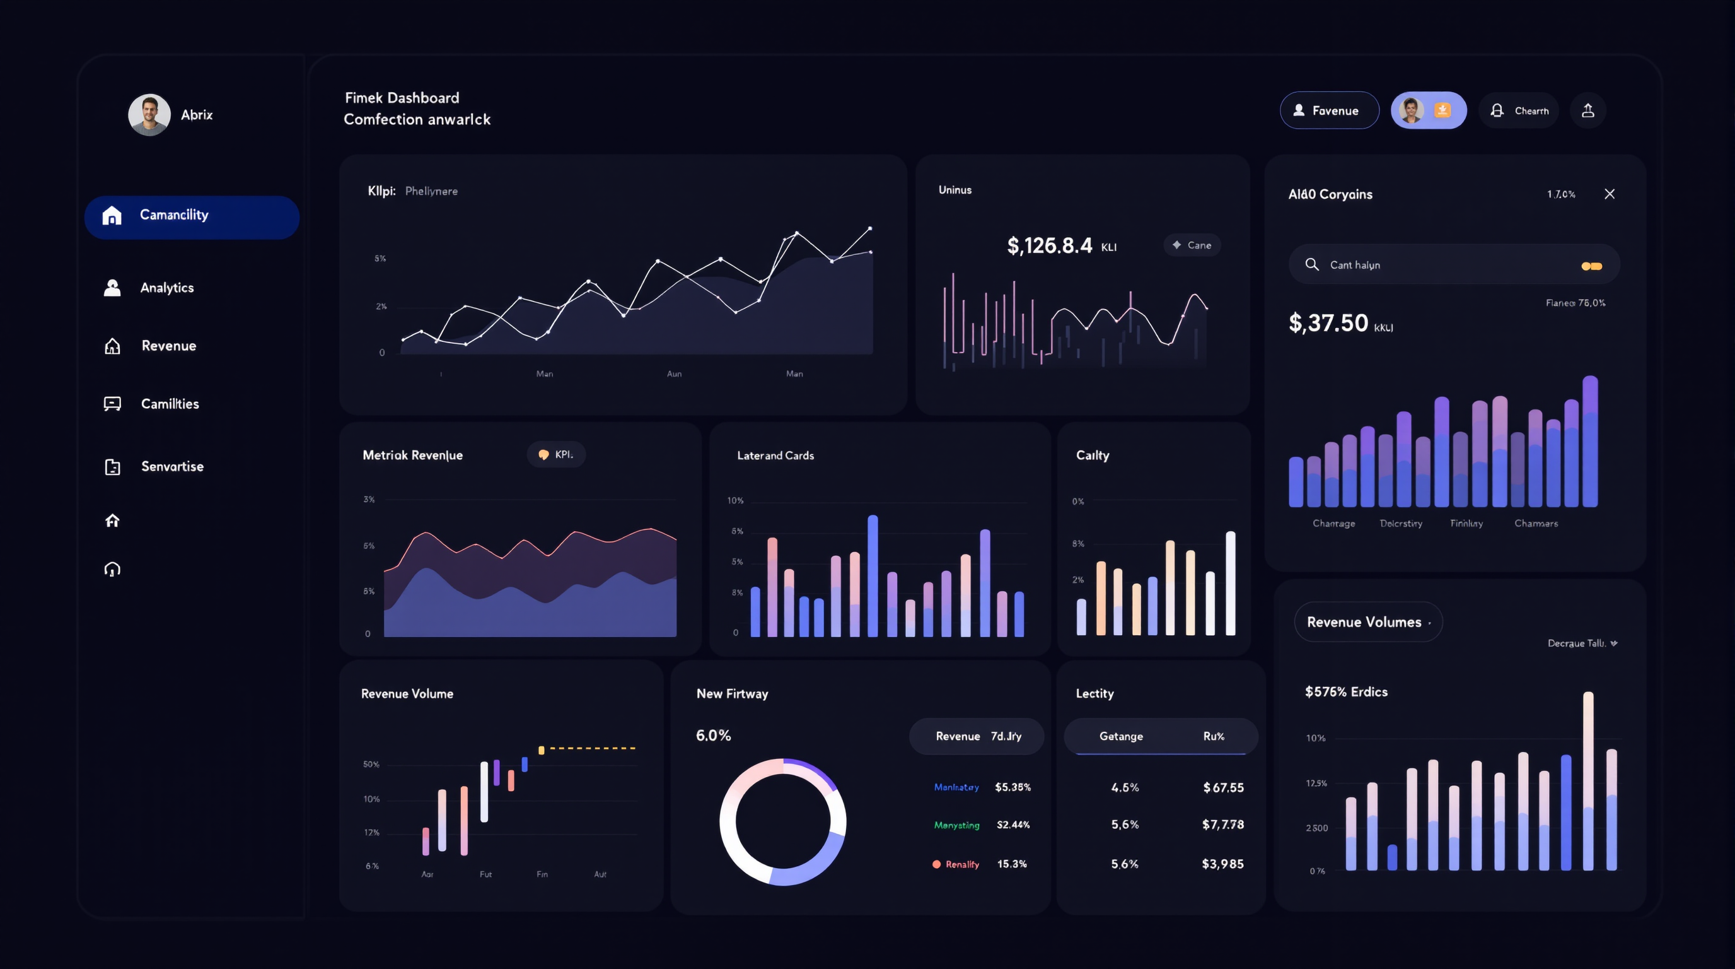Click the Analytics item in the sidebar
166,288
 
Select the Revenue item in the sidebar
168,346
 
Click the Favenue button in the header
1329,110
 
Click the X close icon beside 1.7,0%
1609,194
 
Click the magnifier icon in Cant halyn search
1311,264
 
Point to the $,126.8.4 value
1049,246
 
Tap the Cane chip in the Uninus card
1192,245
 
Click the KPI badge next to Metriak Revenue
555,455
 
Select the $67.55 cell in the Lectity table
1223,788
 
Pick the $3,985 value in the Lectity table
1222,864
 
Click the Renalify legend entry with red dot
956,864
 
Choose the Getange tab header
1121,736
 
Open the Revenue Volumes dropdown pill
1367,622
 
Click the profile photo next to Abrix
149,115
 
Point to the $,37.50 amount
1328,324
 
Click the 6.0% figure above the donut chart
713,735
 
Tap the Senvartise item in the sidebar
171,466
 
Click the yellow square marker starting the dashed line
541,750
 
